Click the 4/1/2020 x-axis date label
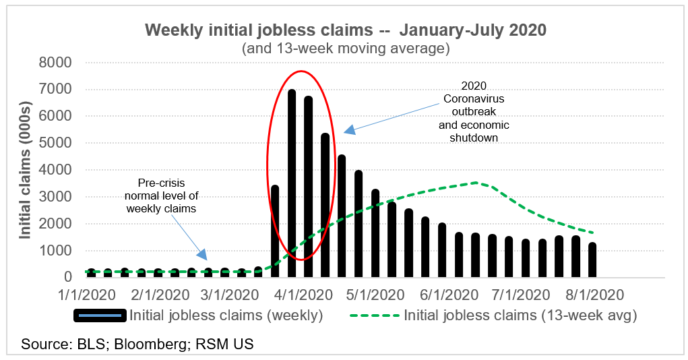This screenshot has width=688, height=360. (x=299, y=295)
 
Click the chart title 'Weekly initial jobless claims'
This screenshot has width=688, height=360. (x=344, y=30)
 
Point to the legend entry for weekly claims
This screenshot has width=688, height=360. (x=201, y=315)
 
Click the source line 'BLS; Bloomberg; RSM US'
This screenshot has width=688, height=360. (x=137, y=344)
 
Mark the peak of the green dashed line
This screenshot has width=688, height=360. (x=476, y=182)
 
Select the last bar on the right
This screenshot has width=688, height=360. (x=592, y=260)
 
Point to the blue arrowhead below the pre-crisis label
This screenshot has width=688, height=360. (x=202, y=254)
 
